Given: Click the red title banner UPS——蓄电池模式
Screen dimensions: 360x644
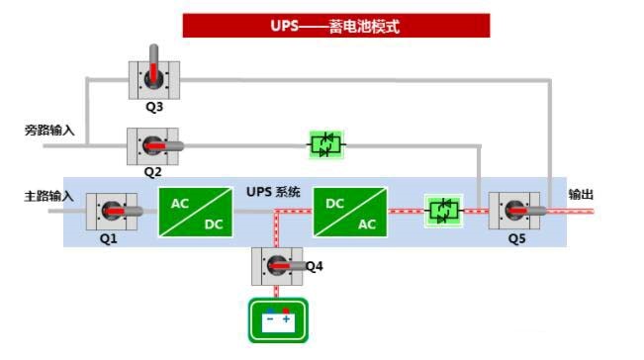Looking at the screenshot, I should tap(335, 26).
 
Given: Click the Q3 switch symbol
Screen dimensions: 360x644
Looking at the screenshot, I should tap(153, 78).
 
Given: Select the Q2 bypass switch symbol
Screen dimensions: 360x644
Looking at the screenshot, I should tap(152, 145).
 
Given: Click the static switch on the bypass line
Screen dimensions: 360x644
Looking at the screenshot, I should tap(324, 145).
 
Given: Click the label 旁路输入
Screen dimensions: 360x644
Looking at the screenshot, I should tap(49, 130).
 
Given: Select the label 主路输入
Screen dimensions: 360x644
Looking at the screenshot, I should tap(49, 196).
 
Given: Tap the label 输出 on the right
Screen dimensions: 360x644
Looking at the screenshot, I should tap(581, 195).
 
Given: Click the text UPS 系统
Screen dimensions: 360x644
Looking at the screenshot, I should tap(273, 192).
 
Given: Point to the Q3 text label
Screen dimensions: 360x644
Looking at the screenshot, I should tap(153, 107).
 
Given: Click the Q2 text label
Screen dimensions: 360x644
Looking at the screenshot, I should tap(152, 172).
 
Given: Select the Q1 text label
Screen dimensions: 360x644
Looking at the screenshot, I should tap(108, 239).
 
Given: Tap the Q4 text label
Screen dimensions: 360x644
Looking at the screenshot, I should tap(314, 265).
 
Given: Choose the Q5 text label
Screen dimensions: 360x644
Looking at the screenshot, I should tap(517, 239).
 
